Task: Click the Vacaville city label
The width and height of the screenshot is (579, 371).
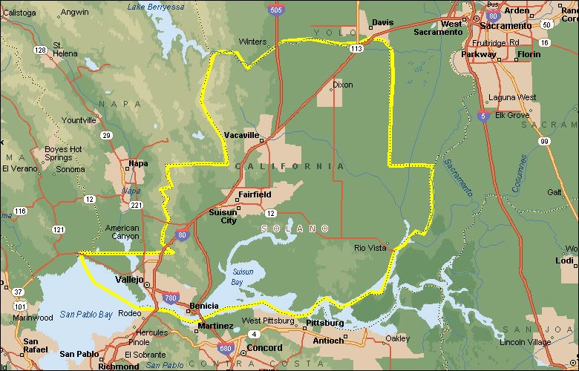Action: coord(241,135)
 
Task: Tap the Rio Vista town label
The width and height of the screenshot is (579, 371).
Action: coord(371,248)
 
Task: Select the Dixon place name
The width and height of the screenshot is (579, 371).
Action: coord(343,85)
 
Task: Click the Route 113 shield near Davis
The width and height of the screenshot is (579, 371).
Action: coord(357,48)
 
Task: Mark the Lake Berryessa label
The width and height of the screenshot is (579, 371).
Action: coord(155,7)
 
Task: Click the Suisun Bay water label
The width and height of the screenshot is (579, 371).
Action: coord(242,276)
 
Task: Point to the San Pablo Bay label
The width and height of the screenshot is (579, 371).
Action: coord(86,315)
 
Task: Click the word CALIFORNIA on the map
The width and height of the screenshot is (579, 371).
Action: coord(289,166)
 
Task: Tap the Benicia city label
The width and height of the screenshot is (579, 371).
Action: coord(203,306)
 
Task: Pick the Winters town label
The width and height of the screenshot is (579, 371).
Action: coord(252,42)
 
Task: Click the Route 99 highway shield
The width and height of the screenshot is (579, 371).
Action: coord(545,141)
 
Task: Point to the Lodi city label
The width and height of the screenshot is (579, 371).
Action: coord(563,260)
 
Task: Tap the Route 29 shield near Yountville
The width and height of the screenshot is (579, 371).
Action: coord(107,135)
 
